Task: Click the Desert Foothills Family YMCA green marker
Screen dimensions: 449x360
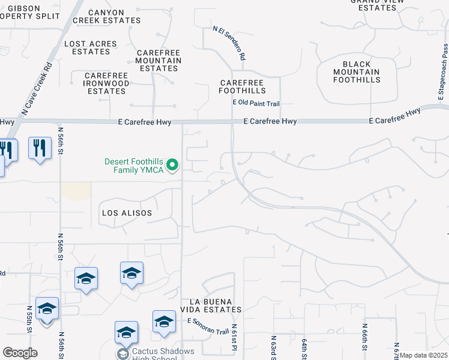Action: click(172, 164)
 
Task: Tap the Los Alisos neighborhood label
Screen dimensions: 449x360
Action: click(127, 213)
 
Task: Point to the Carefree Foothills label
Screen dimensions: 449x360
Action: click(243, 86)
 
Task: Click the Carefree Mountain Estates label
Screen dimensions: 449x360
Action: click(158, 61)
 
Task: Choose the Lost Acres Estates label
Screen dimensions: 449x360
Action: click(91, 47)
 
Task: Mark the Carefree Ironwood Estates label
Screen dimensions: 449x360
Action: click(107, 83)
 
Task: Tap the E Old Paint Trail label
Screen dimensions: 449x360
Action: click(256, 104)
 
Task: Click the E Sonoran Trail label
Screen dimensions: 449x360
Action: click(208, 326)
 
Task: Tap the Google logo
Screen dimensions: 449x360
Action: click(20, 353)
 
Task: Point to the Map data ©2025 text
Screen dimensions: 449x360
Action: click(423, 356)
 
